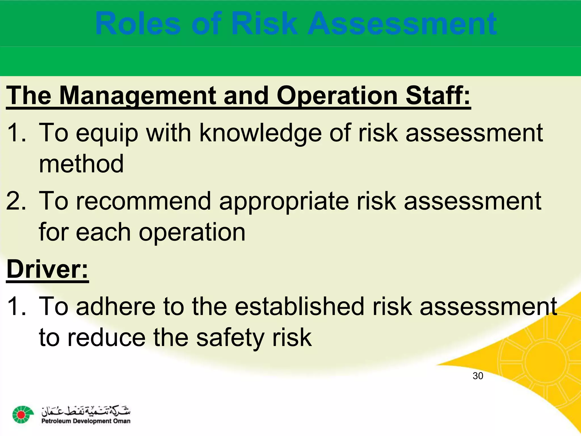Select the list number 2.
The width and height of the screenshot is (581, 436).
point(16,201)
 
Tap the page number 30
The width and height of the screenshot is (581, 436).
point(478,376)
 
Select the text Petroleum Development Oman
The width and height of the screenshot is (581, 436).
point(86,421)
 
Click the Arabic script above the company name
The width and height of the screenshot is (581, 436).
point(86,411)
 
